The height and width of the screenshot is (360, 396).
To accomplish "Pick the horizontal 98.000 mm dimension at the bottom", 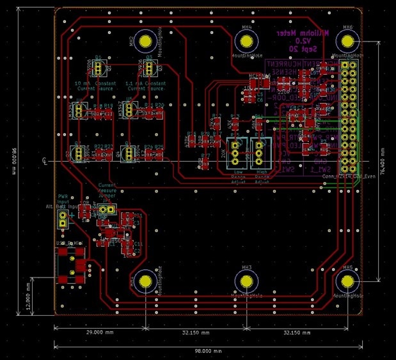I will coord(209,351).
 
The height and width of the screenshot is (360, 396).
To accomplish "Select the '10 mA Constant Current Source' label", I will coord(95,86).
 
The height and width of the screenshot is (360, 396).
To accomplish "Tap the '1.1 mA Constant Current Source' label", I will coord(147,86).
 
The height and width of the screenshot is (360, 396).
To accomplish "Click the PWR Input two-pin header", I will coord(63,219).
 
